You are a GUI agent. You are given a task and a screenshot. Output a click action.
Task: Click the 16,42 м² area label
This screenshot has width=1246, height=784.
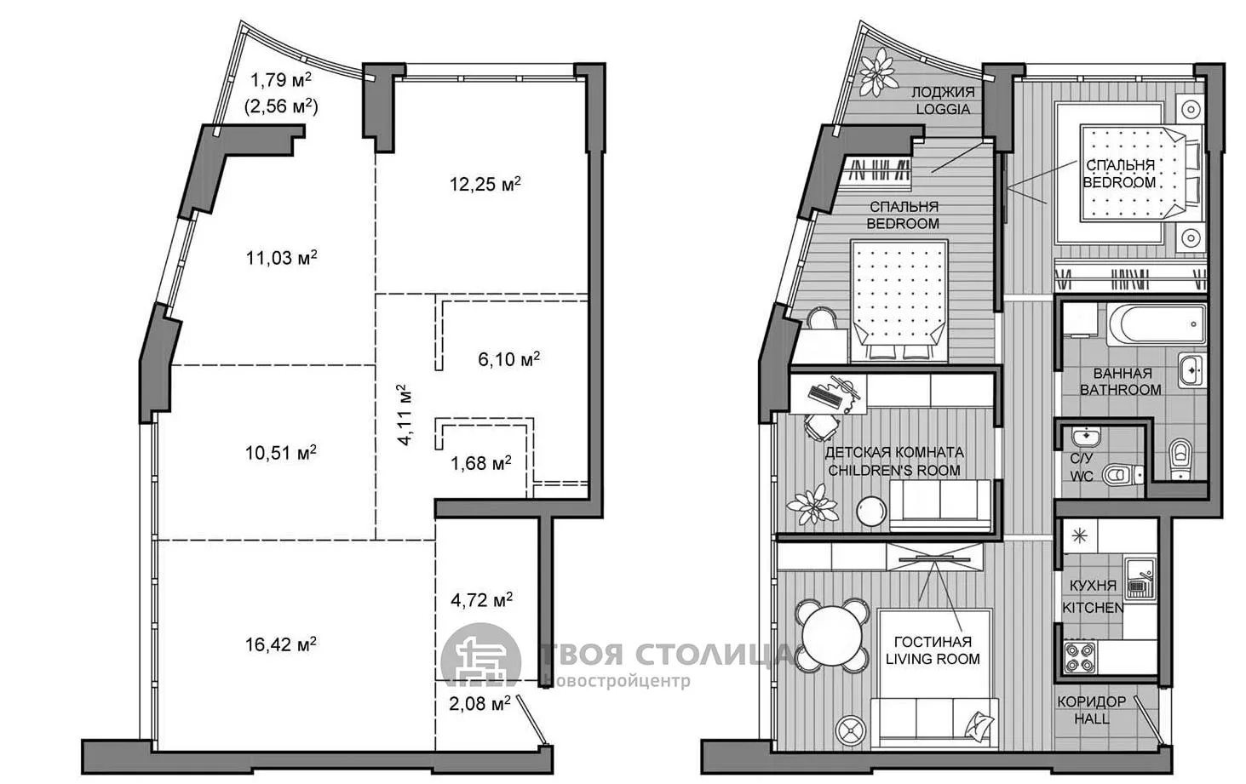tap(281, 644)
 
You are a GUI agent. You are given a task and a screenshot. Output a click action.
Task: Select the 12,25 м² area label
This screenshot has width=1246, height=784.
tap(485, 184)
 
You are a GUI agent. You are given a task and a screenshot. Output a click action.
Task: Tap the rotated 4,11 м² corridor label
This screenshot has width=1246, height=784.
tap(405, 415)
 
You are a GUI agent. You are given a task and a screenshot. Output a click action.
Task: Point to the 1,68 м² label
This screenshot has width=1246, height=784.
tap(481, 462)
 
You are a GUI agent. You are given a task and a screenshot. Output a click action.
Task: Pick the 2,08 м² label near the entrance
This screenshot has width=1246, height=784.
tap(480, 704)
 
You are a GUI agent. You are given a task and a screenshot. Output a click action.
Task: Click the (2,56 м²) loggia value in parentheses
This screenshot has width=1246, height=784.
tap(281, 106)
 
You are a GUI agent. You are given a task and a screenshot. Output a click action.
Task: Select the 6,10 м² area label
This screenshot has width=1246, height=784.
tap(509, 359)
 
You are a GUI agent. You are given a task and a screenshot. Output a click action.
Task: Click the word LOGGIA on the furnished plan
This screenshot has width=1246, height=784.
tap(943, 109)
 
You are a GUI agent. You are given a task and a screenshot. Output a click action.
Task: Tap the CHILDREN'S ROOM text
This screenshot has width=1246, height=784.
tap(894, 471)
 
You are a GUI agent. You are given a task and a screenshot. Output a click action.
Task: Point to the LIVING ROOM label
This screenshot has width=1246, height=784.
tap(933, 660)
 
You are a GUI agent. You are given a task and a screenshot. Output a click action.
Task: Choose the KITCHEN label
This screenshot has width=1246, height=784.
tap(1093, 608)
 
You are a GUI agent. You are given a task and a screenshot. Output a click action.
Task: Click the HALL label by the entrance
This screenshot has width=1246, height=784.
tap(1091, 719)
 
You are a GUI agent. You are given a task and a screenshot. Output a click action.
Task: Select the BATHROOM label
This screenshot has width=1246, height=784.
tap(1120, 390)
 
